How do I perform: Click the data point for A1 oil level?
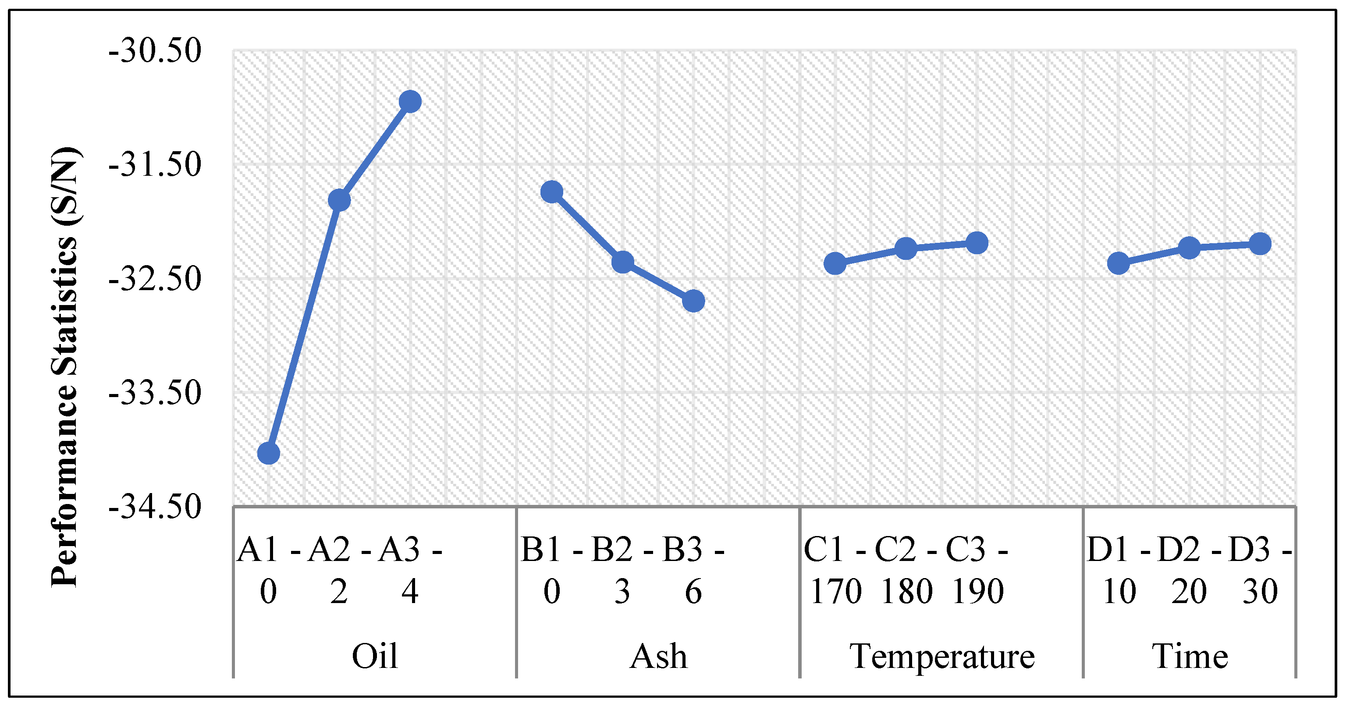coord(268,453)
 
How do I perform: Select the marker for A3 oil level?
coord(410,101)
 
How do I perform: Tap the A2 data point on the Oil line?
coord(339,200)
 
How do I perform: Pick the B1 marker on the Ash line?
coord(552,192)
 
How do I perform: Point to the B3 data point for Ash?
coord(693,301)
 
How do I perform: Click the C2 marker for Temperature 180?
coord(906,248)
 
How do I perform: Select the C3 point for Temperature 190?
coord(977,243)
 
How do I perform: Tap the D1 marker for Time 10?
coord(1119,263)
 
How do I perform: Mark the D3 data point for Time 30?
coord(1260,244)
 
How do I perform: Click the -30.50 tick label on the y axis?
coord(155,51)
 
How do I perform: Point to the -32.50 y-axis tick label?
coord(155,279)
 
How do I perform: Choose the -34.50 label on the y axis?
coord(155,507)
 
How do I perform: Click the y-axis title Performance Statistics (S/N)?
coord(65,367)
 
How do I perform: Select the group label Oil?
coord(375,656)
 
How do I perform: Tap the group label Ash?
coord(658,656)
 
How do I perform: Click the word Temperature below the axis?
coord(942,656)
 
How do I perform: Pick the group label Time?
coord(1190,656)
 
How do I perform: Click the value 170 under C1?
coord(835,592)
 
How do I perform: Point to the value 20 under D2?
coord(1189,592)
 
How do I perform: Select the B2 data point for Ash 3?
coord(622,262)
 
